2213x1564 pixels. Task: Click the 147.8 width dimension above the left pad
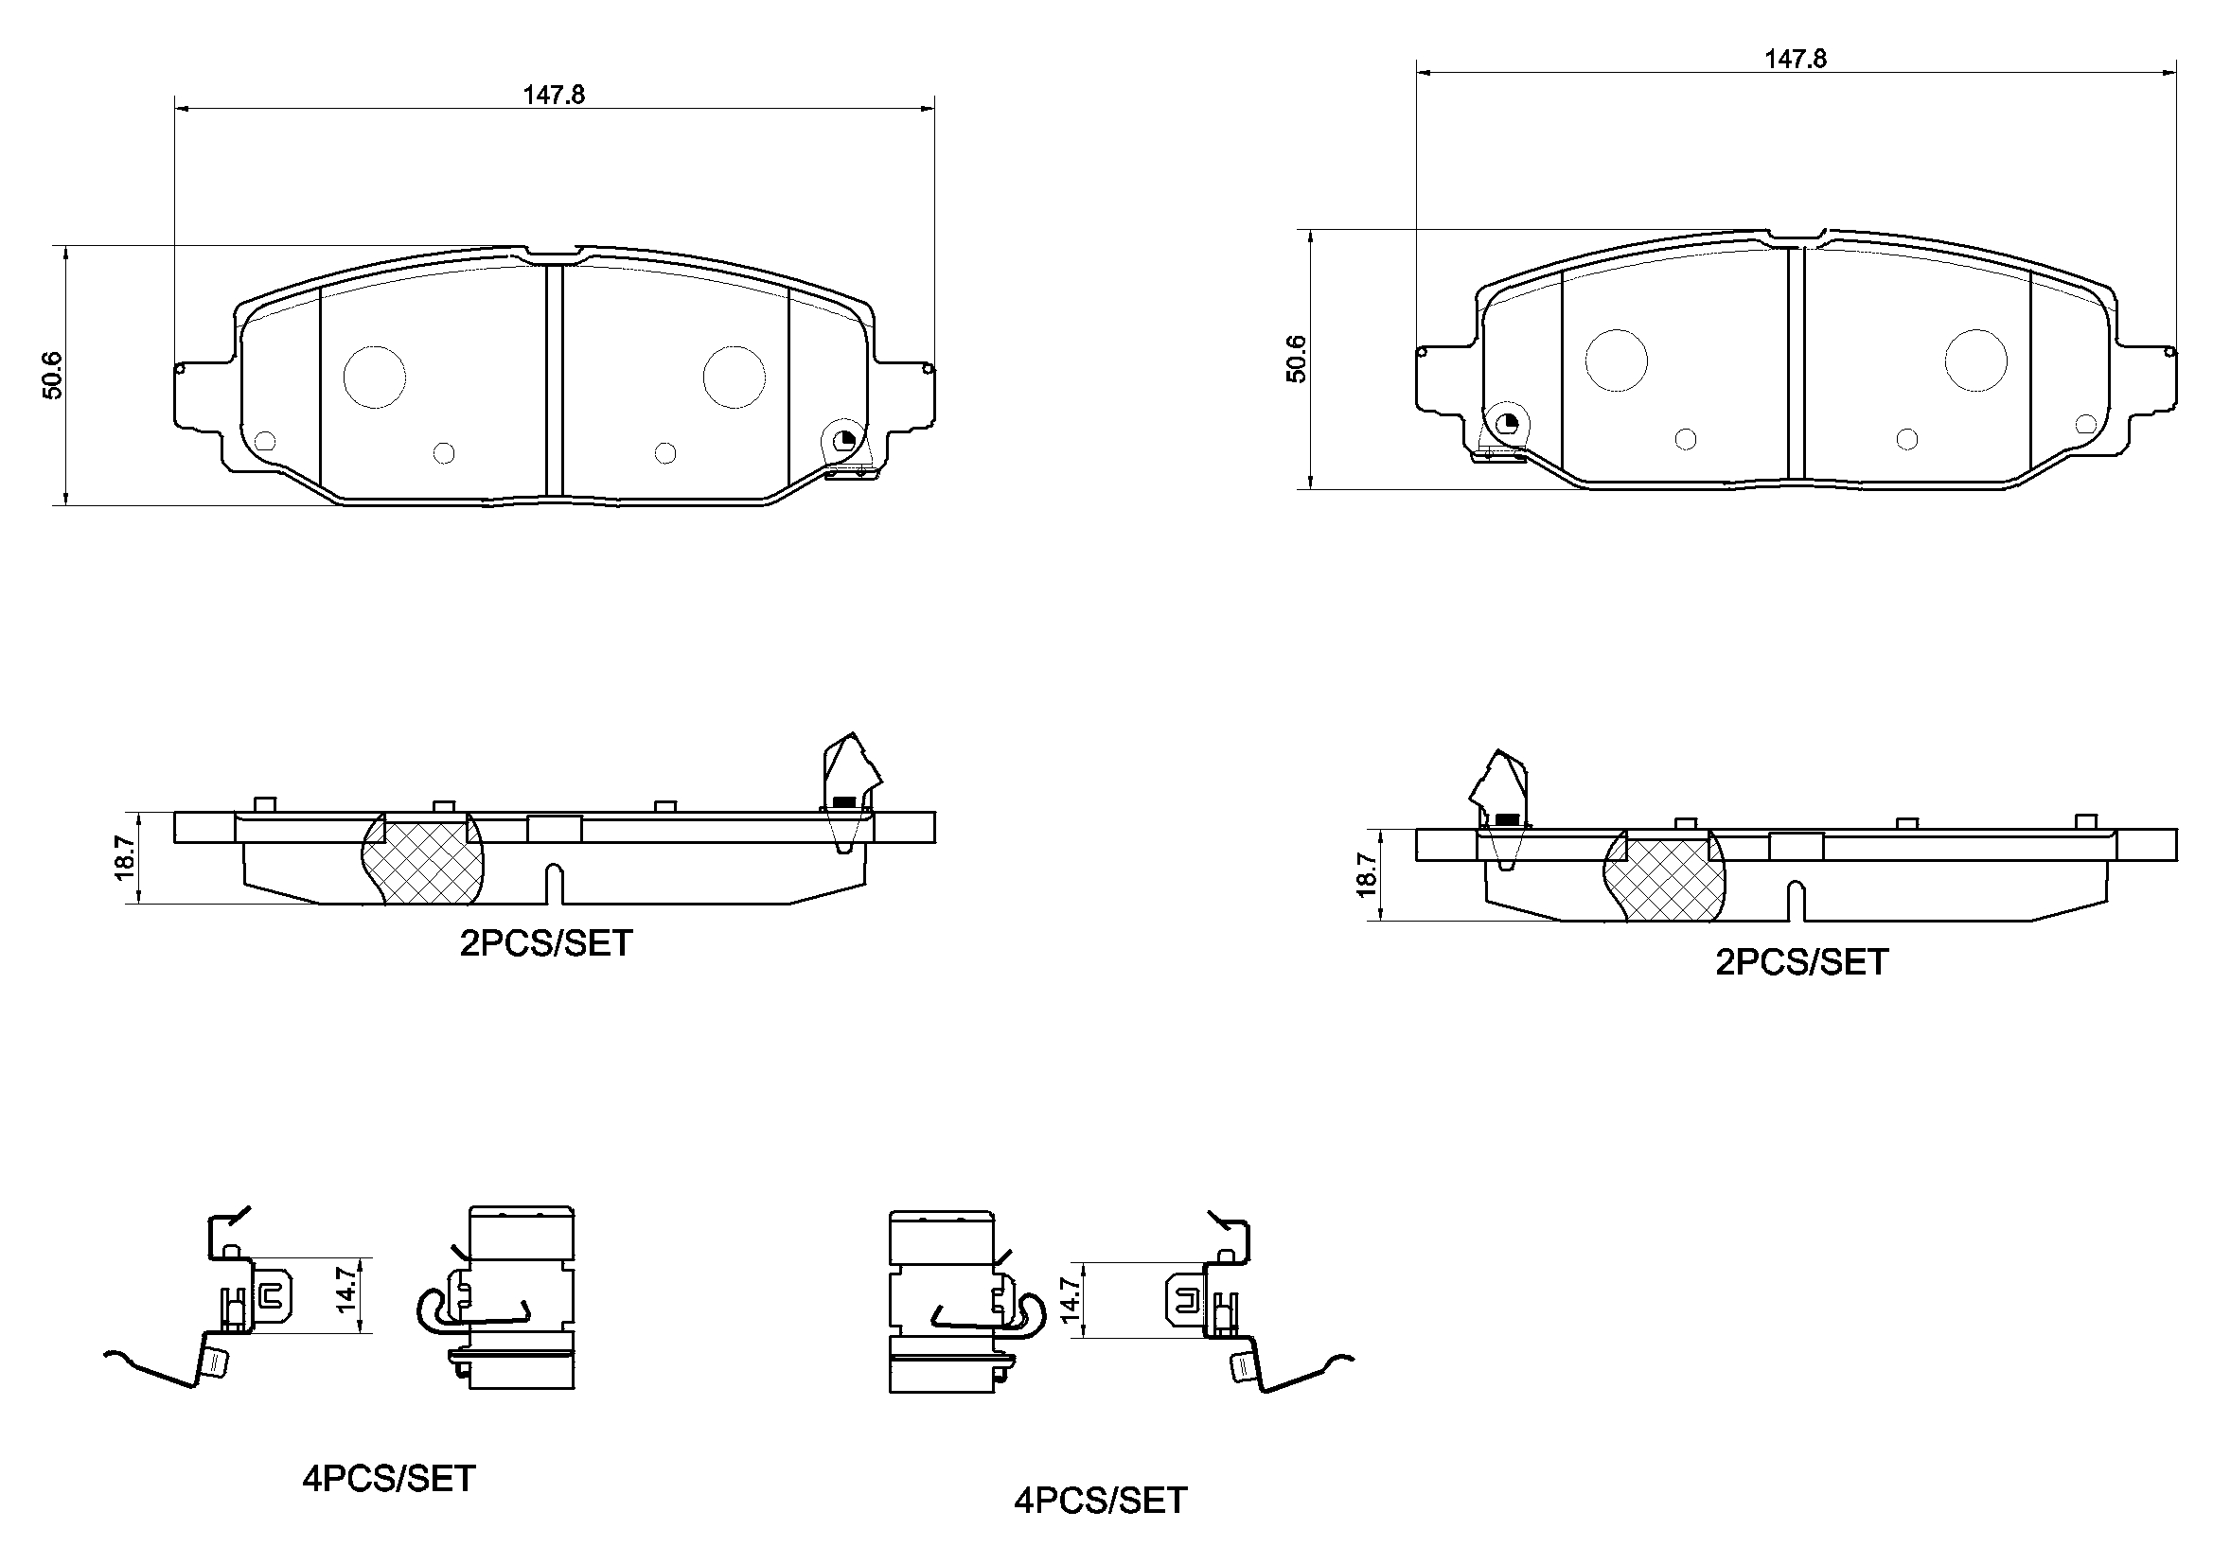(555, 95)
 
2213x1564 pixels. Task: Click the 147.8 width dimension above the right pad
(1795, 59)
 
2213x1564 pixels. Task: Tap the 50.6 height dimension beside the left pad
(52, 375)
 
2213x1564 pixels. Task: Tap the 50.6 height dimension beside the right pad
(1298, 359)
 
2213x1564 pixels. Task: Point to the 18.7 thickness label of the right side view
(1367, 875)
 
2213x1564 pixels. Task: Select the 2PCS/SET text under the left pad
(545, 943)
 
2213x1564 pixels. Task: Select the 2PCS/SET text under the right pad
(1801, 961)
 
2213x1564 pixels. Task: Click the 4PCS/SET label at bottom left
(388, 1478)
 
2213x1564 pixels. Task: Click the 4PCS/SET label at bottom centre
(1100, 1501)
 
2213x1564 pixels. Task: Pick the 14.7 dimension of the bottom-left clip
(347, 1290)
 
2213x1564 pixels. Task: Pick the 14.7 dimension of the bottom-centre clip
(1071, 1300)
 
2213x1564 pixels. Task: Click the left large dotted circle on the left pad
(375, 377)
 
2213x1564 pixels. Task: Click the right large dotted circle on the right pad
(1976, 360)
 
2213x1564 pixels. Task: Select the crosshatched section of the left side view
(422, 858)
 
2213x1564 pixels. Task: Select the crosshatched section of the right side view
(1665, 876)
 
